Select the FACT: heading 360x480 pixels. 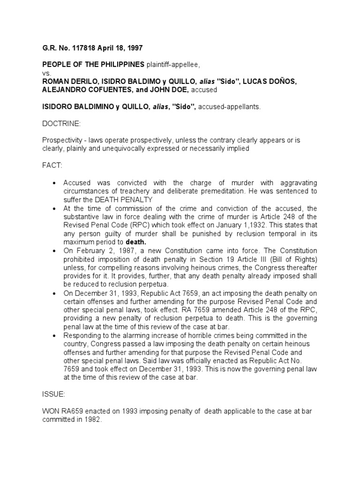click(x=52, y=166)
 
